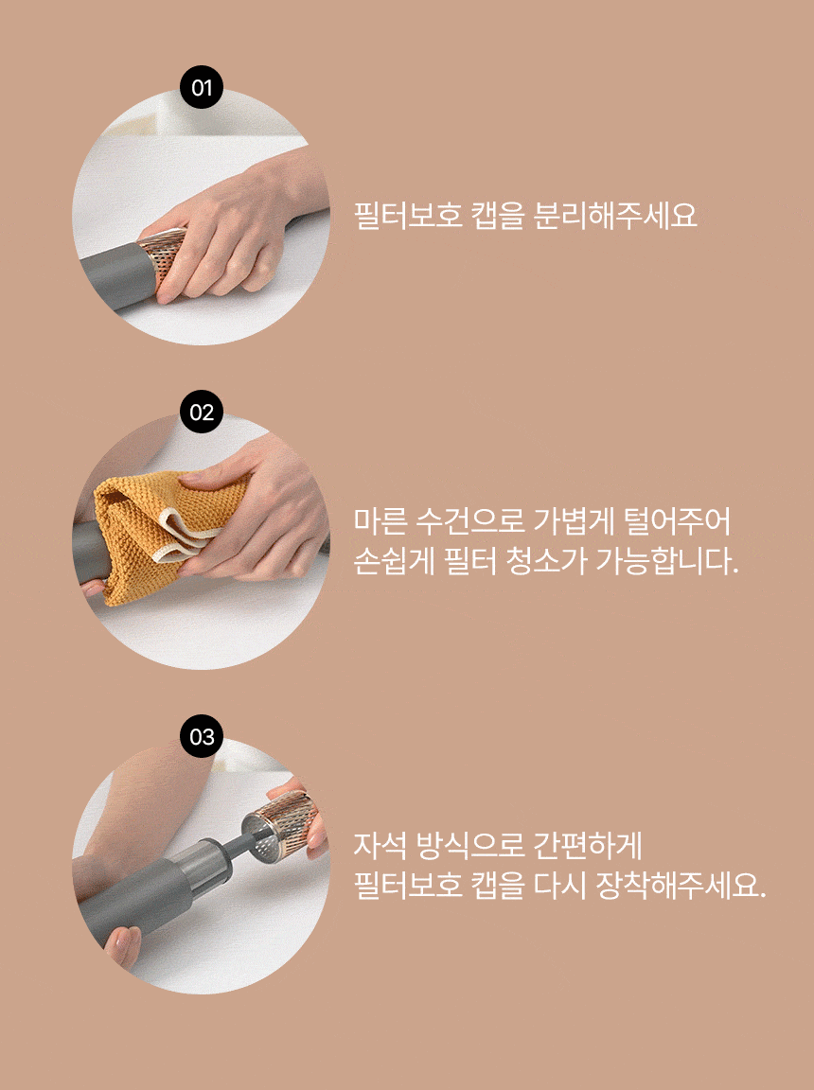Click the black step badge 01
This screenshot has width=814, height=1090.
coord(202,88)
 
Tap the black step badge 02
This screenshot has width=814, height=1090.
coord(202,413)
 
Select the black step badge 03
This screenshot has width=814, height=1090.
coord(202,737)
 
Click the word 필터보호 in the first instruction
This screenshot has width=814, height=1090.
coord(408,216)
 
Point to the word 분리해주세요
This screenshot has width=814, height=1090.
coord(615,216)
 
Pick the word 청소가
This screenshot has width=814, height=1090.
coord(546,561)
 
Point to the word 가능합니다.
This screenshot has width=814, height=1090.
coord(667,561)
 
